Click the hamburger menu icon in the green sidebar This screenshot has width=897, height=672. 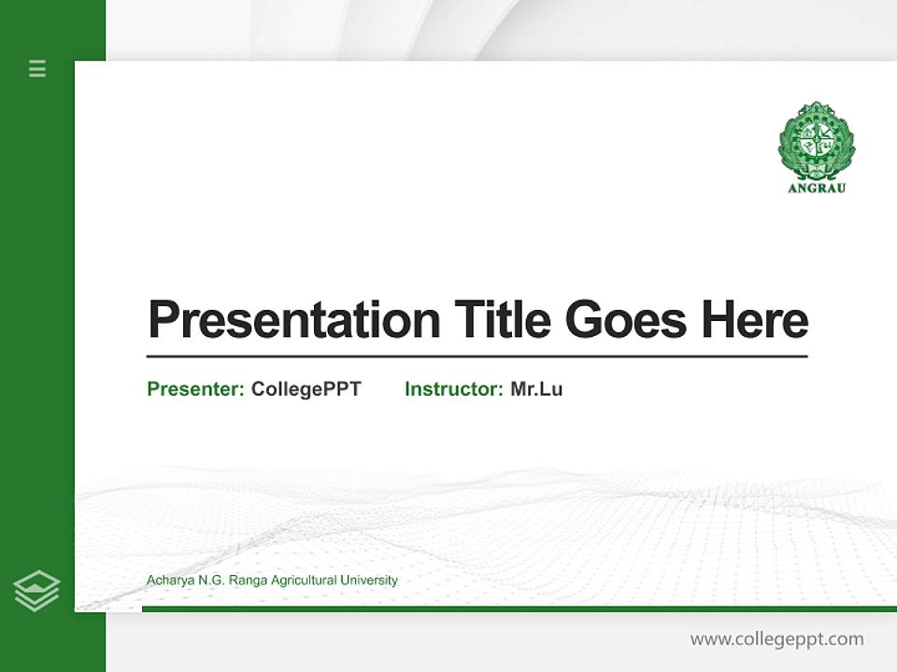pyautogui.click(x=37, y=68)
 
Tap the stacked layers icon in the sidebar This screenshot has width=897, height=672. pyautogui.click(x=36, y=591)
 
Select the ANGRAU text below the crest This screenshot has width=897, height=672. pyautogui.click(x=817, y=188)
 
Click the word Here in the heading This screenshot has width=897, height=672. pyautogui.click(x=755, y=319)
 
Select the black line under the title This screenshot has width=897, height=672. pyautogui.click(x=477, y=357)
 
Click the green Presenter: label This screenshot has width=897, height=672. pyautogui.click(x=196, y=389)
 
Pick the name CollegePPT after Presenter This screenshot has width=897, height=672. pyautogui.click(x=306, y=389)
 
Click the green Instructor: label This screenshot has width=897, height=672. pyautogui.click(x=454, y=389)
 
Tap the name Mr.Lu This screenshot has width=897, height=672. pyautogui.click(x=536, y=389)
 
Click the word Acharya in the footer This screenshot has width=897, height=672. pyautogui.click(x=168, y=581)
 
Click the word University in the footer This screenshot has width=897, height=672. pyautogui.click(x=369, y=581)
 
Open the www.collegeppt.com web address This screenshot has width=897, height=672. pyautogui.click(x=776, y=639)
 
